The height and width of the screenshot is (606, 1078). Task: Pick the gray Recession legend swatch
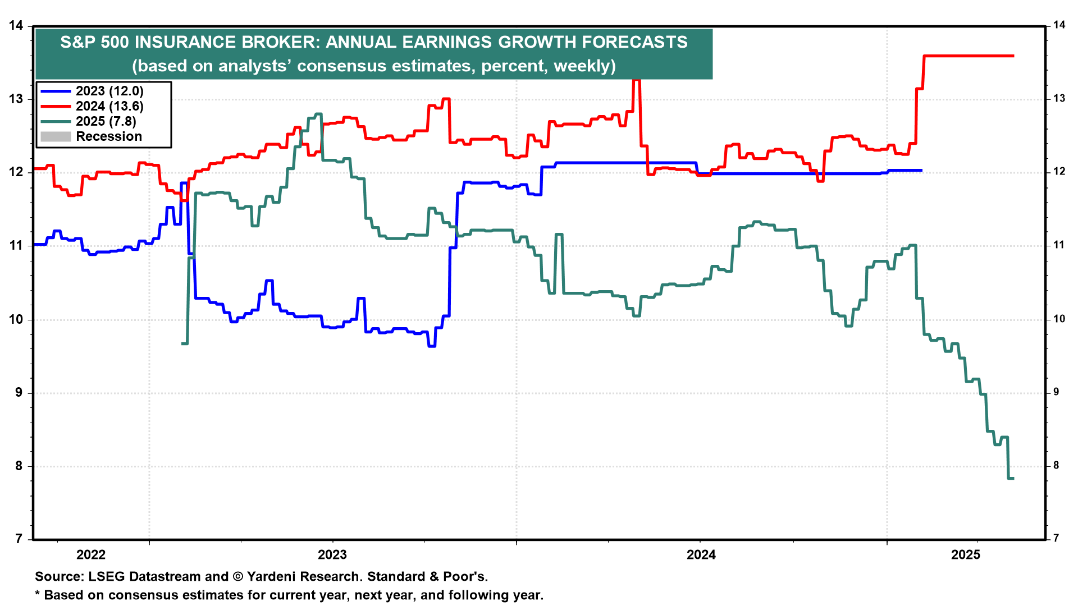(56, 136)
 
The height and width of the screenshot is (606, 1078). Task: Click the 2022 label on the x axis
(91, 555)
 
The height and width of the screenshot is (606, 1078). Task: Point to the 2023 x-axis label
(332, 555)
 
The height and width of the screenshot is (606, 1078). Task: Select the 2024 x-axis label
(701, 555)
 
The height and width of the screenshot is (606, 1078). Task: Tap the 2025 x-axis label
(966, 555)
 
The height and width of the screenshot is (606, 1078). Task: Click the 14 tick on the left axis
(16, 26)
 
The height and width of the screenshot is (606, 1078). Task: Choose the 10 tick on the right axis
(1059, 319)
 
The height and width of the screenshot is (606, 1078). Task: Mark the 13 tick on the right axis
(1059, 98)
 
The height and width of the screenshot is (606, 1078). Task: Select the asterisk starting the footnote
(38, 594)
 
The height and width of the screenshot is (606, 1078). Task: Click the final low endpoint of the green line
(1012, 478)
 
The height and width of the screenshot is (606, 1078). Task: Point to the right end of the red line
(1013, 56)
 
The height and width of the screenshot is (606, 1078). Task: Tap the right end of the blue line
(921, 171)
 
